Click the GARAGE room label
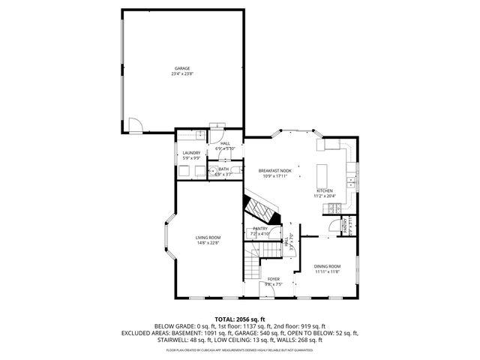(183, 68)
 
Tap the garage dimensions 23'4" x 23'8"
(183, 74)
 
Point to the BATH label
(223, 169)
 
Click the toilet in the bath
(236, 172)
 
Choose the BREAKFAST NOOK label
(274, 171)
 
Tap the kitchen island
(323, 175)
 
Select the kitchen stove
(349, 181)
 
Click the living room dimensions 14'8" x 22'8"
(208, 243)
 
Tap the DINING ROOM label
(327, 266)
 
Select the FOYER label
(274, 279)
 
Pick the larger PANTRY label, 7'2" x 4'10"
(260, 229)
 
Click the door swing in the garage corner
(133, 124)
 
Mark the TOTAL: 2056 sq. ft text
(240, 319)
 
